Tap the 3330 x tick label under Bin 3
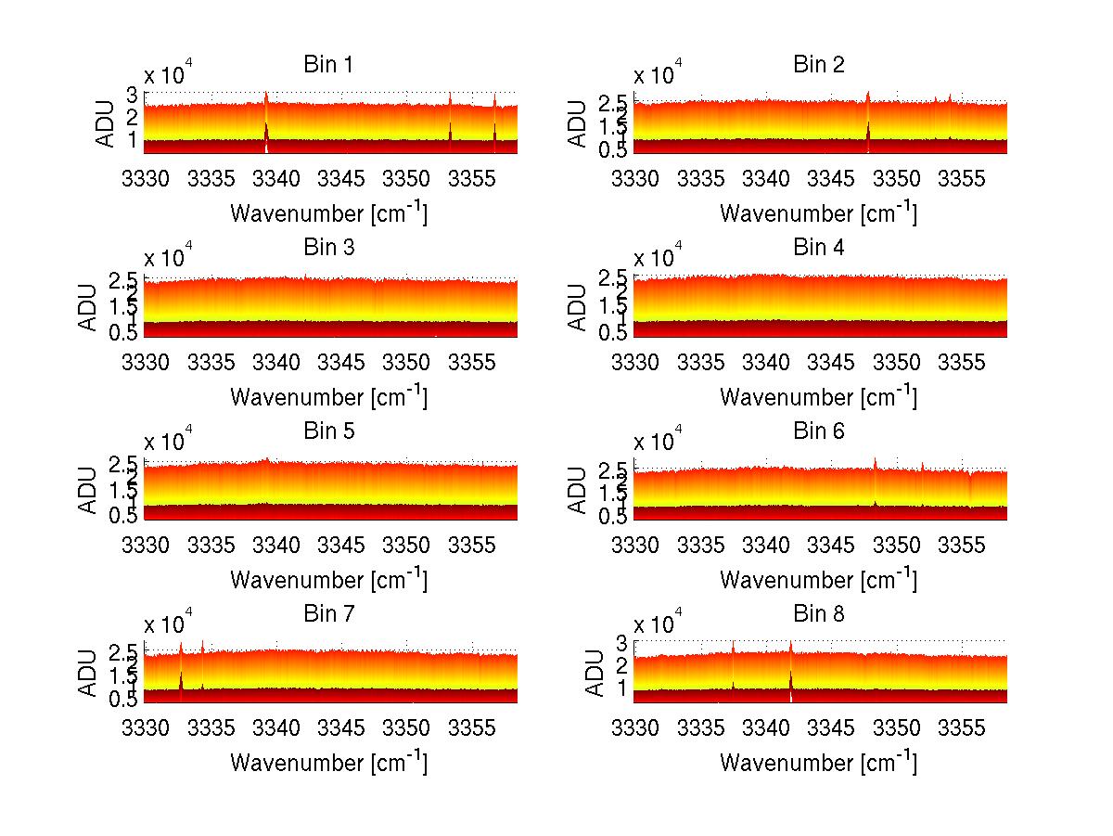[x=146, y=361]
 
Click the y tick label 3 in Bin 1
[x=133, y=95]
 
